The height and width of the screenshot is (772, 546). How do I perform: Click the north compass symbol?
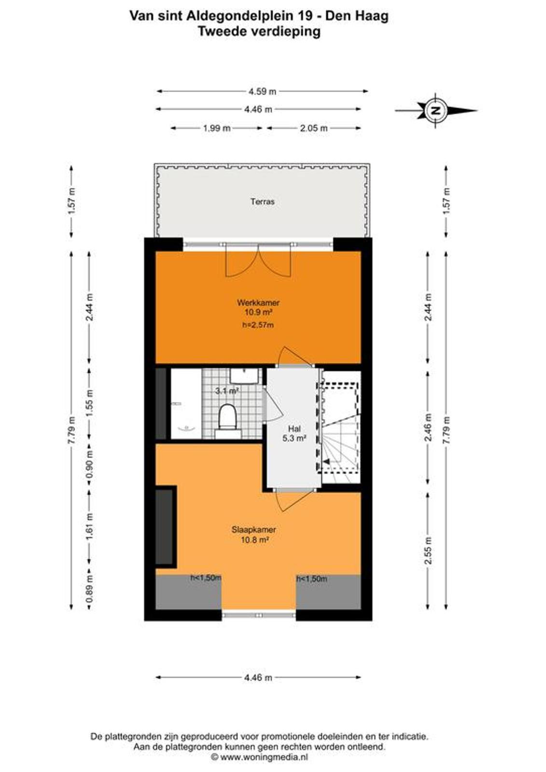[436, 110]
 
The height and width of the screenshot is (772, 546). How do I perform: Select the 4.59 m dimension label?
[263, 91]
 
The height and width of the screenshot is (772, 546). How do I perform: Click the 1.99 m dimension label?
[217, 128]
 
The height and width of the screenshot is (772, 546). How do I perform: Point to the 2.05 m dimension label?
[313, 128]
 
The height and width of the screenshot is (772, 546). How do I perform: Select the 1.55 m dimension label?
[90, 403]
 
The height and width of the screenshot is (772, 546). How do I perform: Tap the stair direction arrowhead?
[326, 461]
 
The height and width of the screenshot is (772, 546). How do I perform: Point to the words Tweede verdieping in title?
[259, 31]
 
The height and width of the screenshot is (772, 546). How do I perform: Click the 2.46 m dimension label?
[428, 427]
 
